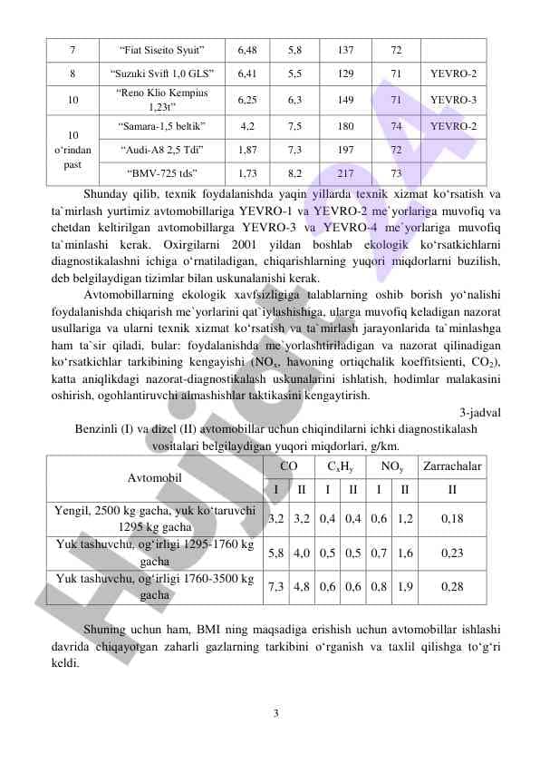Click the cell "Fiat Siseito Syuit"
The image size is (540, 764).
pos(160,49)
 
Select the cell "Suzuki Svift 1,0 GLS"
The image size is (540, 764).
pos(160,73)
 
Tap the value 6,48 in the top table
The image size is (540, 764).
pos(247,49)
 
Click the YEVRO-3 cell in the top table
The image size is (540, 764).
pos(453,99)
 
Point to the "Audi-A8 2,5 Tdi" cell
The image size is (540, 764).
pos(160,149)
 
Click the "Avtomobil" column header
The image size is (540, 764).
pos(155,476)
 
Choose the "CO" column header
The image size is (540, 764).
pos(289,465)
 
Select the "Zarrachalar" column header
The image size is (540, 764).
pos(452,465)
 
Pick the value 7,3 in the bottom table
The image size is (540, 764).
pos(276,586)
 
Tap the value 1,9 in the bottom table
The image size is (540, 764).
pos(405,586)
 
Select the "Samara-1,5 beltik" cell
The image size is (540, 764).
pos(160,125)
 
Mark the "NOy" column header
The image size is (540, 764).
pos(392,465)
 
